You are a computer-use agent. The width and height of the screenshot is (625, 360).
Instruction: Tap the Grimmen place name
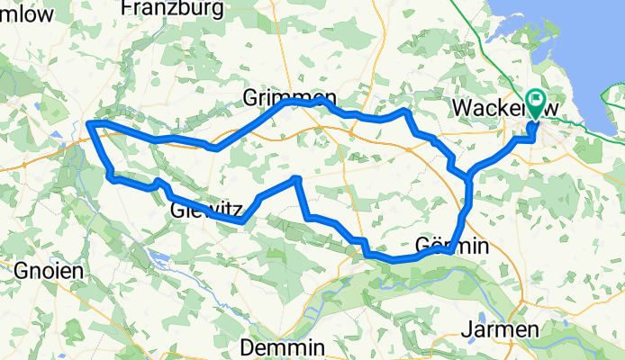(289, 97)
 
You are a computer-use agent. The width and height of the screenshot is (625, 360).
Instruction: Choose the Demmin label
(283, 347)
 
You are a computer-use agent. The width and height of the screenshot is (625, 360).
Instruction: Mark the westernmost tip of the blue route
(88, 123)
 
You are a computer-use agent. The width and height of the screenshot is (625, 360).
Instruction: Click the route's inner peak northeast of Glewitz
(296, 180)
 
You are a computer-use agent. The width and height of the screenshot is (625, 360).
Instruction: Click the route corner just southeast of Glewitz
(242, 220)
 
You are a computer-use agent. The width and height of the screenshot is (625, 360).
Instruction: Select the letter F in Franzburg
(128, 9)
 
